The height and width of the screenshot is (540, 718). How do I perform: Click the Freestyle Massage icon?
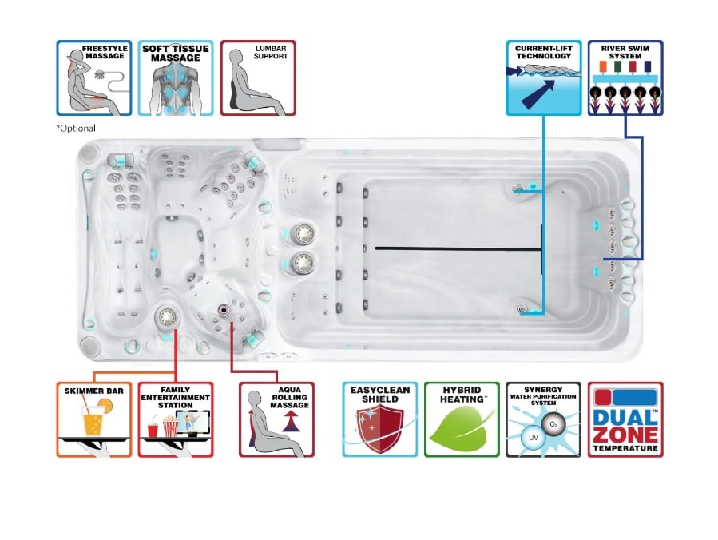94,77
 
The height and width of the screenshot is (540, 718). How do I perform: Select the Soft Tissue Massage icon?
176,77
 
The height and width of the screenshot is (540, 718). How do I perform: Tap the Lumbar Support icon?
258,77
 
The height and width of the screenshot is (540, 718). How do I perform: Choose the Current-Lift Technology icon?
544,77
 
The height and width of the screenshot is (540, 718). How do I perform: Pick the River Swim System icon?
625,77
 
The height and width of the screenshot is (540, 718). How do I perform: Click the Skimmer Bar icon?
94,419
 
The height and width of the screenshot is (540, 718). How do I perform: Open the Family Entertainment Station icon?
176,419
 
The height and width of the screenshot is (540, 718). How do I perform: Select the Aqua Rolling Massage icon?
276,419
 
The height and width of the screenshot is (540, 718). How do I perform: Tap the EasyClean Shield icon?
380,419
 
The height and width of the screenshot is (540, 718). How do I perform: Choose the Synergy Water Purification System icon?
543,419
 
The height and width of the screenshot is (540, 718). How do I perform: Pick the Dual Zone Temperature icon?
625,419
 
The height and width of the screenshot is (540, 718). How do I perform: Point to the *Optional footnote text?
76,129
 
